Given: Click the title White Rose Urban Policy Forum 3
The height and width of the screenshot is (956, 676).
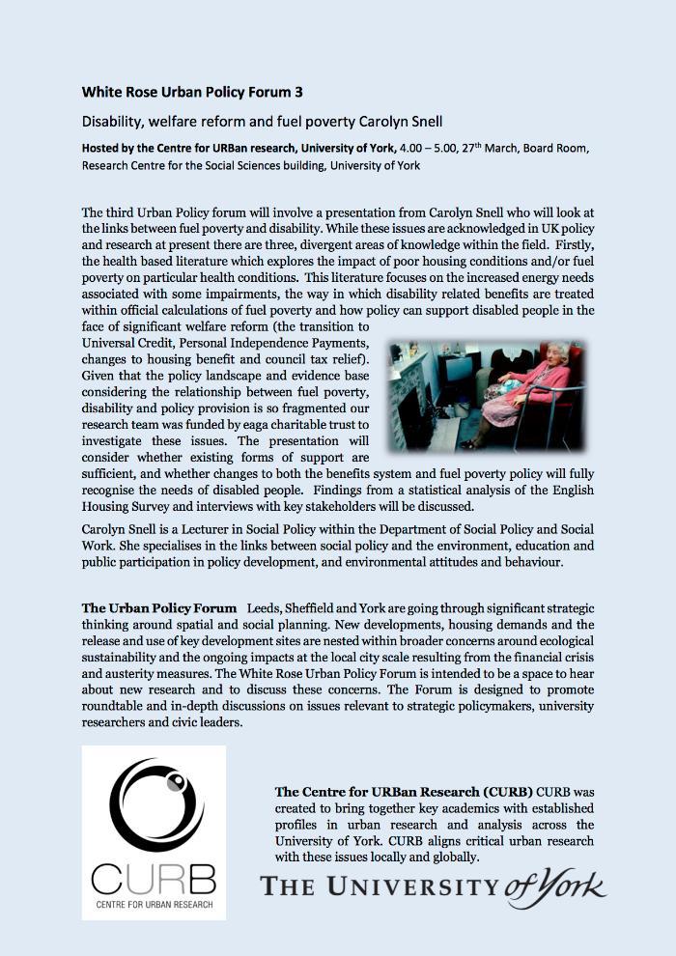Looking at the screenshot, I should (x=192, y=93).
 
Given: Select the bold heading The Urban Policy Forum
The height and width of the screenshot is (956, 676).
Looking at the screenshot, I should (x=159, y=608).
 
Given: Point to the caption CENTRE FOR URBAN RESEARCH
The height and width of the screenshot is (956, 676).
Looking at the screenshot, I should (x=154, y=907).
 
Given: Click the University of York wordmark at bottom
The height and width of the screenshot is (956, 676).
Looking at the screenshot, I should (x=434, y=886).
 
